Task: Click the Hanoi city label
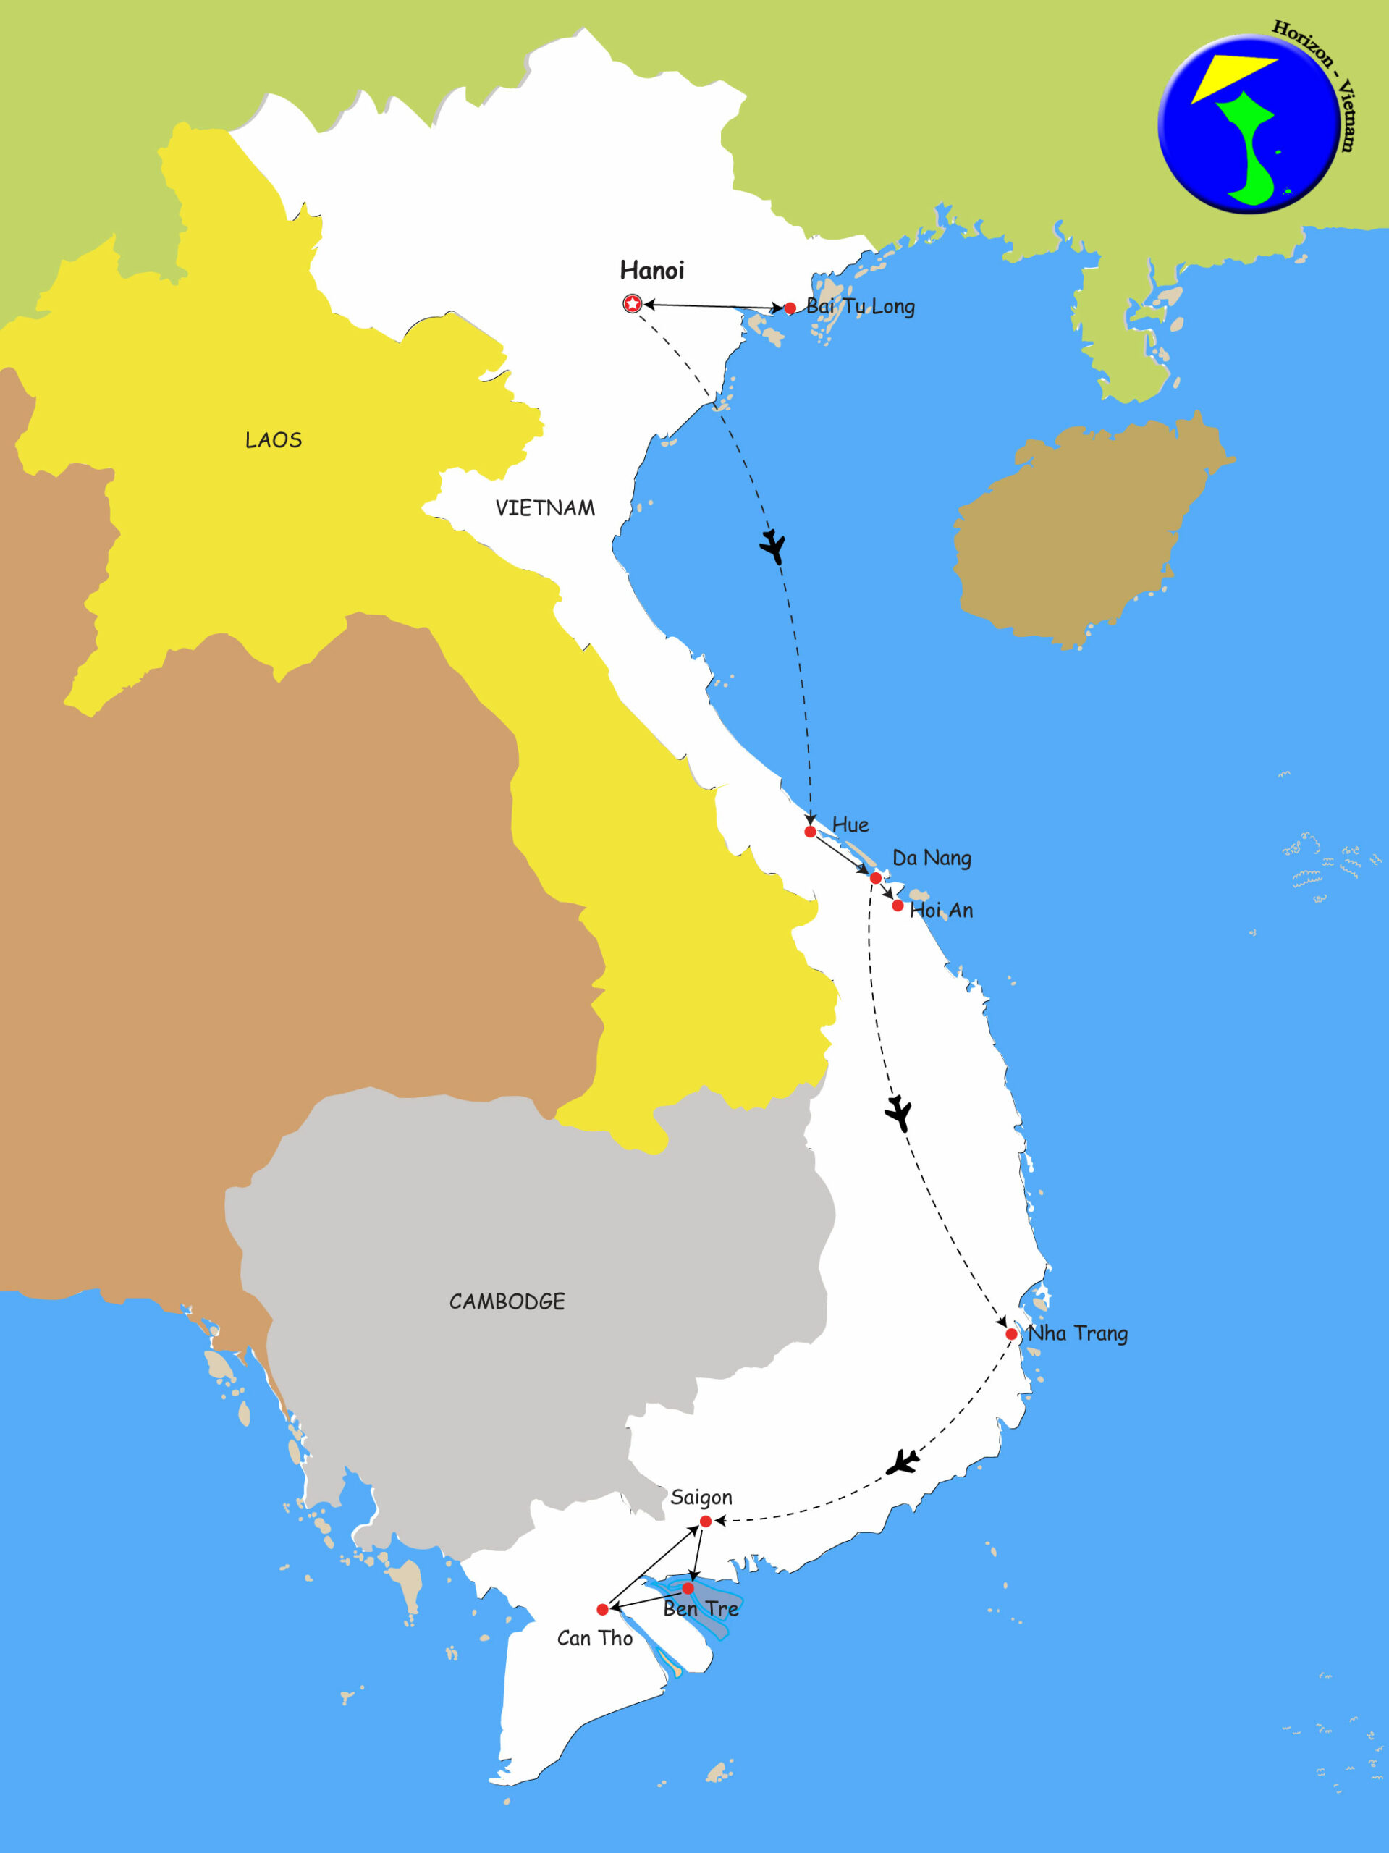point(651,271)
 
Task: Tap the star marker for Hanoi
point(633,304)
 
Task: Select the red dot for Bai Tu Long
point(789,308)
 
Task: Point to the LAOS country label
point(273,441)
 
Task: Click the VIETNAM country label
point(544,508)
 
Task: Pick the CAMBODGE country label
point(507,1301)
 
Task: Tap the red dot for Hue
point(810,832)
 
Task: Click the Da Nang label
point(932,858)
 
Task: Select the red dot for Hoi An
point(898,906)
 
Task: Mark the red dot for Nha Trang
point(1011,1333)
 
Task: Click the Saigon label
point(701,1497)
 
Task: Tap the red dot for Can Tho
point(602,1609)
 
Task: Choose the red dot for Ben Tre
point(688,1587)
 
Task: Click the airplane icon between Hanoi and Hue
point(773,547)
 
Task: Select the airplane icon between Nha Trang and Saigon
point(903,1463)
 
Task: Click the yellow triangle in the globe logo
point(1228,75)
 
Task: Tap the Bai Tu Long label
point(861,307)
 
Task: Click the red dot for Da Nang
point(876,878)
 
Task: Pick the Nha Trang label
point(1078,1333)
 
